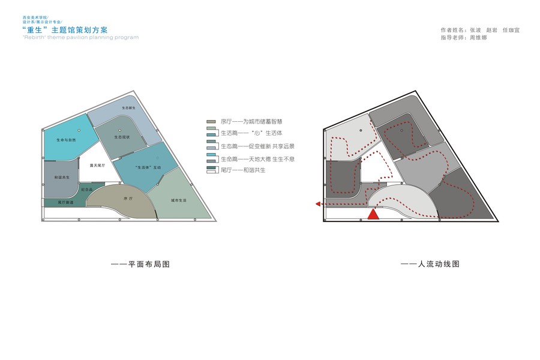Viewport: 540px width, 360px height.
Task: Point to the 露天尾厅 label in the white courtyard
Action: [97, 165]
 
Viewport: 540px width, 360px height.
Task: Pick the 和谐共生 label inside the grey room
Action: [62, 178]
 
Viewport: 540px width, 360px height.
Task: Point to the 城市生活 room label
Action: [179, 200]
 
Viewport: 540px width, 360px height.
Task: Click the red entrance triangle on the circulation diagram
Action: [374, 214]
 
